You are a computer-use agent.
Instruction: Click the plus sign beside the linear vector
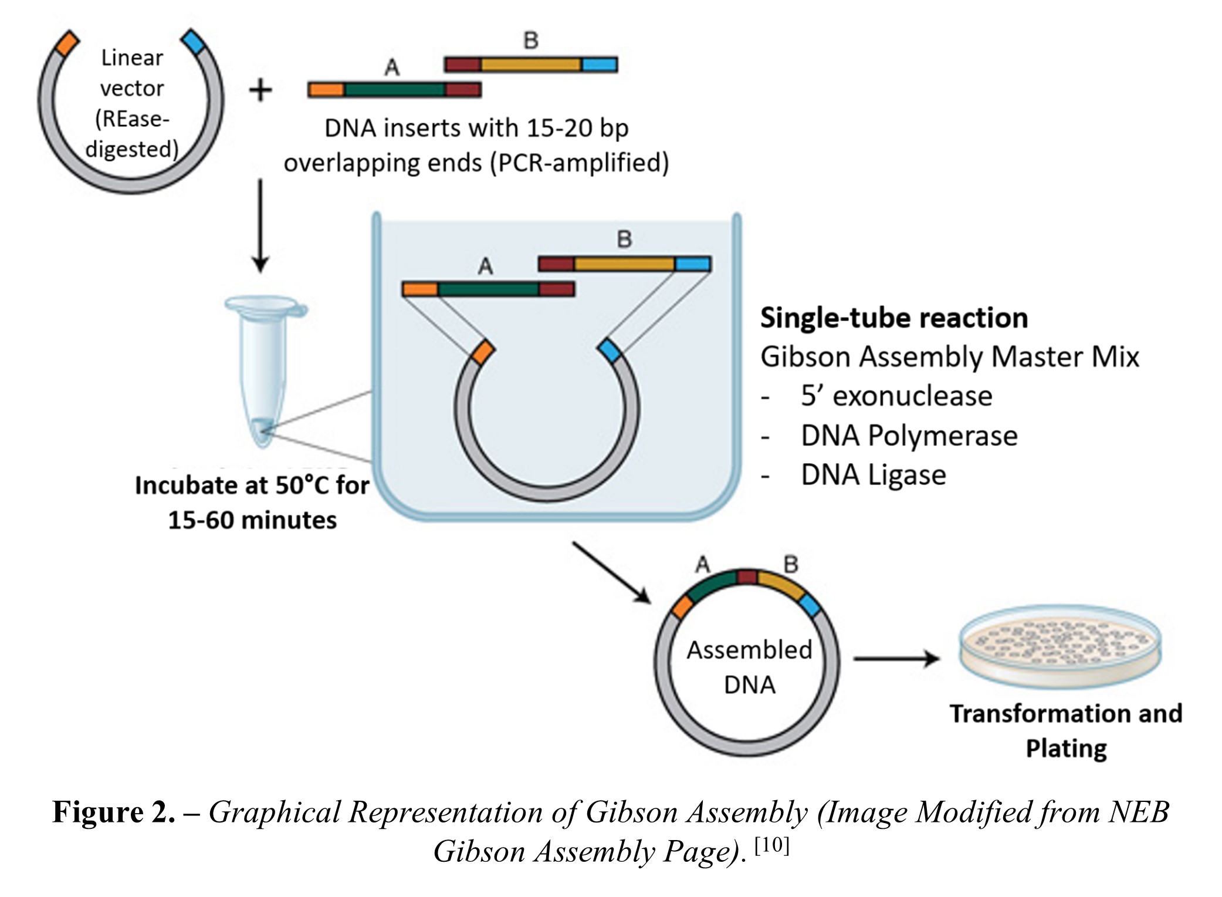point(260,91)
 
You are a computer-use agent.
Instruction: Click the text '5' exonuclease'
point(896,396)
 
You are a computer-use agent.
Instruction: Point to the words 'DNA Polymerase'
point(909,436)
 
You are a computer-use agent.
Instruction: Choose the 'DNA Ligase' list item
point(873,475)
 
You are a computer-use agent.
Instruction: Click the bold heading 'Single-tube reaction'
point(893,318)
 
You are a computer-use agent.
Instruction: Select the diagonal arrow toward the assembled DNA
point(611,572)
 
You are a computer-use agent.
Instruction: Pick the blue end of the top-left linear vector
point(194,42)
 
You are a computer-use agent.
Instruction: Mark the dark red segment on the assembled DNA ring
point(747,576)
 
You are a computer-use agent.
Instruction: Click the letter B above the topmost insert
point(530,41)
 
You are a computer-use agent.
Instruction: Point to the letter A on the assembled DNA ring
point(702,565)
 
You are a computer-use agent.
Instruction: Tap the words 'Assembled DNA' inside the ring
point(749,667)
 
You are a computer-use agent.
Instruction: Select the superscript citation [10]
point(771,845)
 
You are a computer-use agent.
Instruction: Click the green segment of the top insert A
point(394,90)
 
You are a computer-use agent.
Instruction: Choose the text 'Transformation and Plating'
point(1065,731)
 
